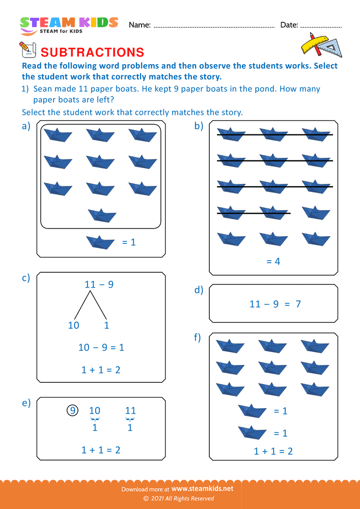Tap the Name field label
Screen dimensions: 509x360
click(x=140, y=25)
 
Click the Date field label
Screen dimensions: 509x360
click(x=289, y=25)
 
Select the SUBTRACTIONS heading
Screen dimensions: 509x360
click(x=92, y=52)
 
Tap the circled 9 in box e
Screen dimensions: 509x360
click(x=73, y=410)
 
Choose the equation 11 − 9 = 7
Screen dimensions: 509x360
click(x=275, y=304)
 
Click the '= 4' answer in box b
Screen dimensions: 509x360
click(x=273, y=262)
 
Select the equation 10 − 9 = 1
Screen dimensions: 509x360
click(x=101, y=348)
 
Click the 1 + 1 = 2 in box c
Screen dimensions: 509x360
click(x=101, y=370)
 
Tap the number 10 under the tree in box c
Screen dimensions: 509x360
click(x=74, y=325)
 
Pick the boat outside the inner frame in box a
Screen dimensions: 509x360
click(x=100, y=242)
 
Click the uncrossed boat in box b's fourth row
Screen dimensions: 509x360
click(x=316, y=212)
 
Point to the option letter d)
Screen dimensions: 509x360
click(x=199, y=290)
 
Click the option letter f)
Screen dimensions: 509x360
click(x=198, y=337)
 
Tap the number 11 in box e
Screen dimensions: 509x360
click(x=130, y=411)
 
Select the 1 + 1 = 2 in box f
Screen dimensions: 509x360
click(x=273, y=451)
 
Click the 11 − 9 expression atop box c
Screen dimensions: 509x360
click(x=99, y=285)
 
